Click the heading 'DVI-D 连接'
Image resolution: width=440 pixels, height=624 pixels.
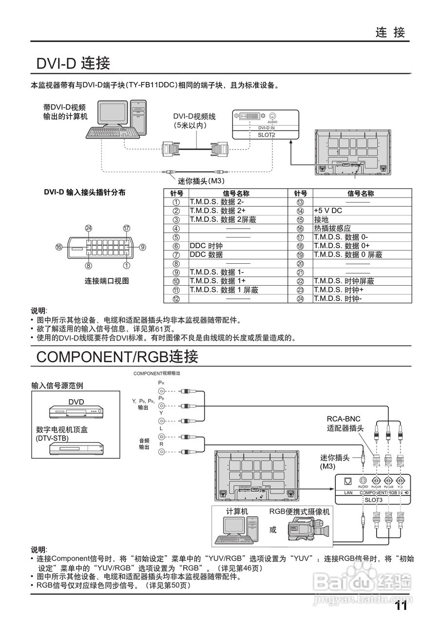[x=74, y=63]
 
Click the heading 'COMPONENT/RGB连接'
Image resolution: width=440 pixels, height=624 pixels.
[x=117, y=357]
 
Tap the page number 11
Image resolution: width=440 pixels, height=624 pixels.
[x=401, y=606]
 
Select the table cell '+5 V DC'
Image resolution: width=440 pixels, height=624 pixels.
[x=328, y=211]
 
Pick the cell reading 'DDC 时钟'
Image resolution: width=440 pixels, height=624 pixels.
[x=206, y=246]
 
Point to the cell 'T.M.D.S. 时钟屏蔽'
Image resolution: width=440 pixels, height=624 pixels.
[x=344, y=281]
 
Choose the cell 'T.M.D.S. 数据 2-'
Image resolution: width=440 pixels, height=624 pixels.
[x=217, y=202]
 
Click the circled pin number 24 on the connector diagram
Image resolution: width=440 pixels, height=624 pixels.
[x=88, y=228]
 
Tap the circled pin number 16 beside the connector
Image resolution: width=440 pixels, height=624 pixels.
[x=58, y=247]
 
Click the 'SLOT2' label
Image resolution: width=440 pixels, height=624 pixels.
[x=267, y=135]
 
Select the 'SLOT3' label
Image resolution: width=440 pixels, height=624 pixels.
[x=374, y=500]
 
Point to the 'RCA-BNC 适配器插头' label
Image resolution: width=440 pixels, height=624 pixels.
[x=345, y=424]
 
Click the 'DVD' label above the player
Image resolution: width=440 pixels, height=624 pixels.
[x=76, y=402]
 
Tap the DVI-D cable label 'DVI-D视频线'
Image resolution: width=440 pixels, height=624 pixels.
[x=194, y=117]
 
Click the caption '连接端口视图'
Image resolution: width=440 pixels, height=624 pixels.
[x=107, y=281]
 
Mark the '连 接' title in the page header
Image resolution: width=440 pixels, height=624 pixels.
[x=390, y=33]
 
